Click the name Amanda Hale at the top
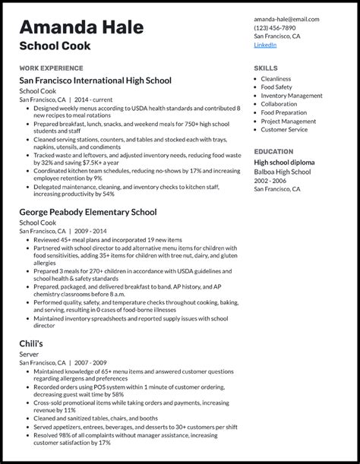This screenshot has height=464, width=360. [x=81, y=27]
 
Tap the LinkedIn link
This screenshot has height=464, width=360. [x=265, y=45]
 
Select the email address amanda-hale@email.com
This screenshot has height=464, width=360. [x=286, y=19]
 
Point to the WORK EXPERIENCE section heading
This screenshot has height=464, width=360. [x=51, y=68]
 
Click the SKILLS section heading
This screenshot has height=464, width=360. [x=265, y=68]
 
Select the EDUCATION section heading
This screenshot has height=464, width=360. [x=273, y=151]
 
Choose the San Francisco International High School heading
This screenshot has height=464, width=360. [x=95, y=80]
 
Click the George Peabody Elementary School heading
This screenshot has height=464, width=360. [x=88, y=212]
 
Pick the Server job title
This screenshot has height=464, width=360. [x=29, y=354]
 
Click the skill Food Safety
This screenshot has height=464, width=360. [x=276, y=87]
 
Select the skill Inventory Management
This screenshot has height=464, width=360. [x=292, y=96]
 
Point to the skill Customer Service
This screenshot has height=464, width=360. [x=284, y=129]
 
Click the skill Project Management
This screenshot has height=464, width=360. [x=288, y=121]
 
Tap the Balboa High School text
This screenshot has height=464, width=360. [x=282, y=172]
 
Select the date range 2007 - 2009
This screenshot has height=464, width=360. [x=90, y=363]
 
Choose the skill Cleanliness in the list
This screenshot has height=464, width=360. [x=276, y=79]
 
